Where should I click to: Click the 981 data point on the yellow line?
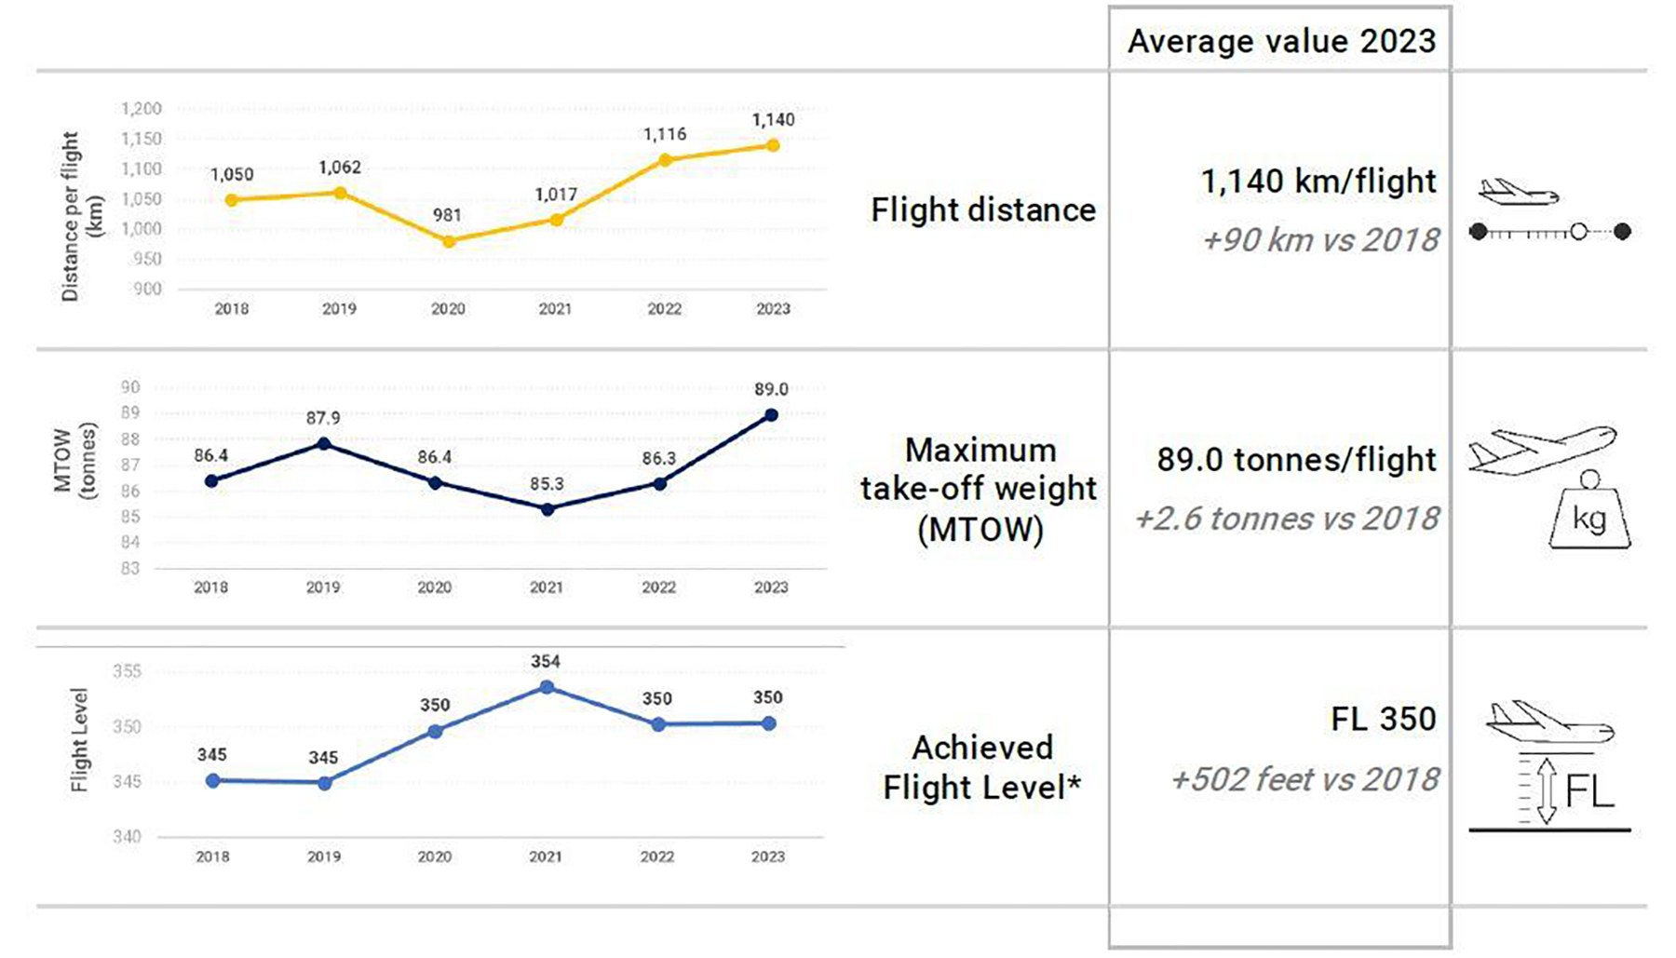tap(449, 241)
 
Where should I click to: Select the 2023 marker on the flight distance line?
tap(773, 145)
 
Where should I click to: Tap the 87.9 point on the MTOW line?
tap(323, 444)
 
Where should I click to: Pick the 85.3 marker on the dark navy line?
tap(547, 509)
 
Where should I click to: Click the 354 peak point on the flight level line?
tap(547, 687)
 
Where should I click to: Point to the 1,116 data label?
tap(665, 135)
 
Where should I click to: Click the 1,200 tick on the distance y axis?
tap(142, 109)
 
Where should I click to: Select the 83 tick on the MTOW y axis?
tap(130, 568)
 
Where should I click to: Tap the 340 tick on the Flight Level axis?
tap(127, 836)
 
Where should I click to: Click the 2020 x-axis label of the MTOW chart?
tap(435, 587)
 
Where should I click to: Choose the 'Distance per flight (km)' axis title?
tap(80, 216)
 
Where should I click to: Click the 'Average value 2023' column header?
tap(1281, 41)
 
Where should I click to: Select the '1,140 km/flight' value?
tap(1318, 182)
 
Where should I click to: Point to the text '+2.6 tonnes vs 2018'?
tap(1287, 519)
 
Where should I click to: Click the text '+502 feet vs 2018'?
tap(1304, 779)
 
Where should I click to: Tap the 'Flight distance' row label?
tap(983, 210)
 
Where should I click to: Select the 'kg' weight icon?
tap(1589, 517)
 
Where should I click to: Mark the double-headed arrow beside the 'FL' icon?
tap(1547, 790)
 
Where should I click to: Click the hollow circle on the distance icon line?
tap(1578, 232)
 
